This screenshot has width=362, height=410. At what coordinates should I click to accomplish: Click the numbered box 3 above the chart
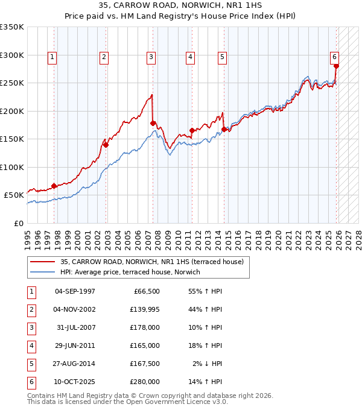pos(150,57)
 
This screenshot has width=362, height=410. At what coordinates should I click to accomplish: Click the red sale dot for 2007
pos(153,123)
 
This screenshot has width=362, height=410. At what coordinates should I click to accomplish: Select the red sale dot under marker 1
pos(54,186)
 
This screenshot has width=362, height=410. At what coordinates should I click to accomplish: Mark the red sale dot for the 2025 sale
pos(336,66)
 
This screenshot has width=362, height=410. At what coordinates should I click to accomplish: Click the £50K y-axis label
pos(13,195)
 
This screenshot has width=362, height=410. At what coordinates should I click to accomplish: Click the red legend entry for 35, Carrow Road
pos(151,262)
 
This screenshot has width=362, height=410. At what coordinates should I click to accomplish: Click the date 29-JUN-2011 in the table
pos(75,345)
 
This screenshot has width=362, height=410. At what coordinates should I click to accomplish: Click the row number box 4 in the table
pos(30,345)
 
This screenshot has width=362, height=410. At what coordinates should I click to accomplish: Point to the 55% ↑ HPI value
pos(205,291)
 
